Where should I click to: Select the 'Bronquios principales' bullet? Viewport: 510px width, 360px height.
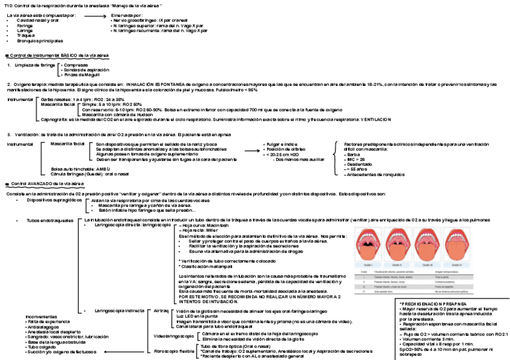point(40,40)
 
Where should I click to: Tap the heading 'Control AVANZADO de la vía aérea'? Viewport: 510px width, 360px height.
point(46,183)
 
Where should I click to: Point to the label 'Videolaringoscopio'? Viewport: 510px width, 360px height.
point(173,335)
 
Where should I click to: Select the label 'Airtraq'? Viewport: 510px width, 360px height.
point(161,311)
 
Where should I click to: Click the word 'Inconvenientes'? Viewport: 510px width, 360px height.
point(41,316)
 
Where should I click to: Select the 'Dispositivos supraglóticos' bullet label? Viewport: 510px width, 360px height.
point(54,200)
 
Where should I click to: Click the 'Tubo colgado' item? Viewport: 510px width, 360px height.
point(41,347)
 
